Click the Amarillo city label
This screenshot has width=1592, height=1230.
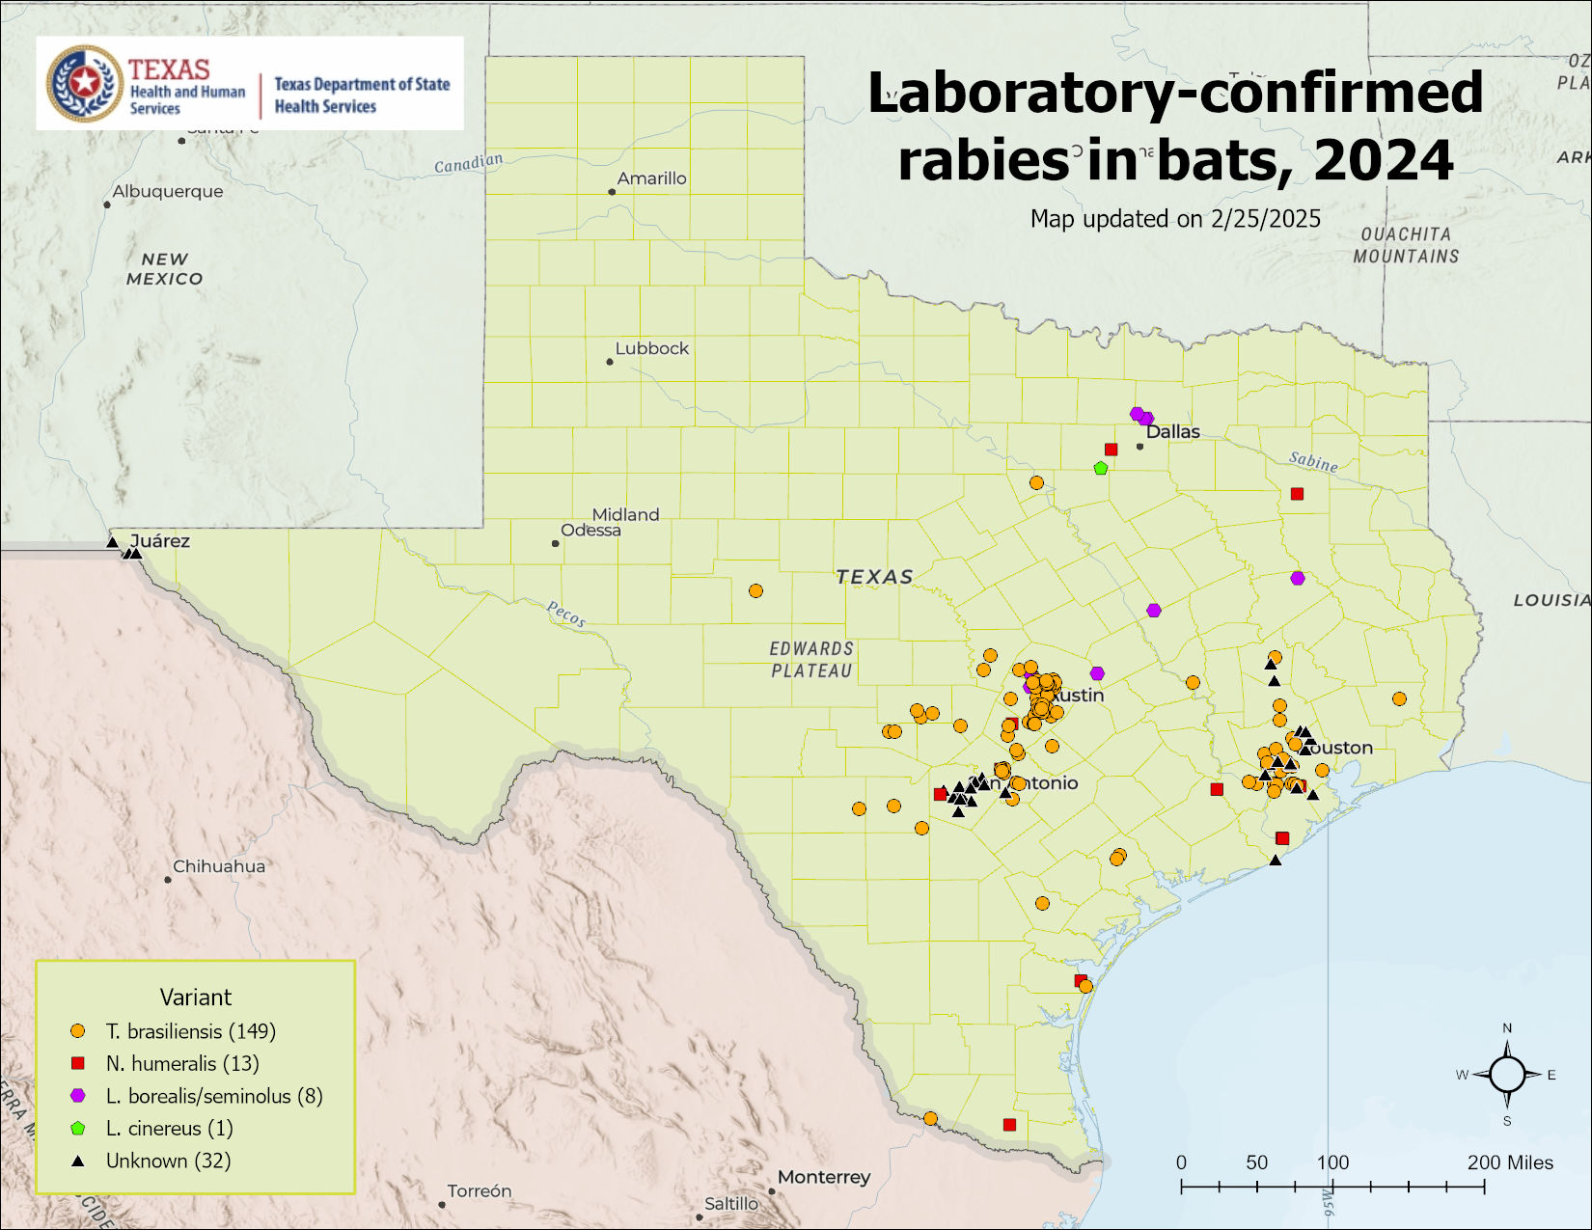pyautogui.click(x=651, y=178)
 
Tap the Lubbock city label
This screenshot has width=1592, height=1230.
pyautogui.click(x=651, y=348)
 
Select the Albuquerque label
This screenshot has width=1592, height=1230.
pyautogui.click(x=167, y=191)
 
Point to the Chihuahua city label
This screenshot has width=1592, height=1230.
pyautogui.click(x=218, y=866)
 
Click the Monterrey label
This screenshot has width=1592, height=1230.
pyautogui.click(x=823, y=1177)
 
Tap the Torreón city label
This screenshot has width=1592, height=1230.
pyautogui.click(x=479, y=1191)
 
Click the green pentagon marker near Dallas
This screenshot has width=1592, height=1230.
pyautogui.click(x=1101, y=468)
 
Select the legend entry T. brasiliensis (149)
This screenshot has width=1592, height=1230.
pyautogui.click(x=190, y=1031)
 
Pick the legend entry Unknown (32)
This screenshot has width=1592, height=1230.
pyautogui.click(x=168, y=1161)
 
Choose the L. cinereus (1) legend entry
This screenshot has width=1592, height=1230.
pyautogui.click(x=169, y=1128)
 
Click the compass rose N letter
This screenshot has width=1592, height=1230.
pyautogui.click(x=1507, y=1028)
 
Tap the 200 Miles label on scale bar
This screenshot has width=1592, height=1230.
pyautogui.click(x=1510, y=1162)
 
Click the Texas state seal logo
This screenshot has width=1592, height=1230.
pyautogui.click(x=85, y=83)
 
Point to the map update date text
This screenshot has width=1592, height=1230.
pyautogui.click(x=1175, y=219)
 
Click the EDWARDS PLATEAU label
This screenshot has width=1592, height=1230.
pyautogui.click(x=811, y=660)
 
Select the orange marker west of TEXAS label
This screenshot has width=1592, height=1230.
pyautogui.click(x=755, y=590)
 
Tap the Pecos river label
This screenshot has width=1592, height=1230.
pyautogui.click(x=565, y=614)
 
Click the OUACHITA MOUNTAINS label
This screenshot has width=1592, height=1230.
pyautogui.click(x=1406, y=245)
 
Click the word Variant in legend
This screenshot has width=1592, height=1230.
pyautogui.click(x=195, y=997)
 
